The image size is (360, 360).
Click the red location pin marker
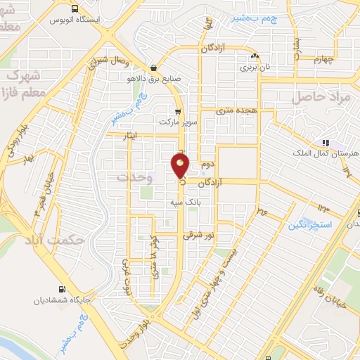point(181,165)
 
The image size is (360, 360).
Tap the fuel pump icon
point(63,289)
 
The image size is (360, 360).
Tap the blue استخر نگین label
point(310,226)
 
